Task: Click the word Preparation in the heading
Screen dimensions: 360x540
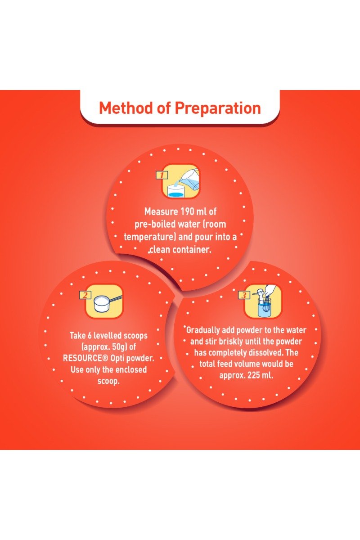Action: [218, 108]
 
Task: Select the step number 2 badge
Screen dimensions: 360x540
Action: [85, 295]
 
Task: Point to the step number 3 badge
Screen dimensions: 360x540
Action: [244, 295]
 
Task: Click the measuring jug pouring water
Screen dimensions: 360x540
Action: [190, 179]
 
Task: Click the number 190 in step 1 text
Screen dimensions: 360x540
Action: [187, 211]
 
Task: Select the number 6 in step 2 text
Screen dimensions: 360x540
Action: [89, 335]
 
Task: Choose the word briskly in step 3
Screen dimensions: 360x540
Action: [230, 342]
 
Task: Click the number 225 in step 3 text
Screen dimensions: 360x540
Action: [253, 375]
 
